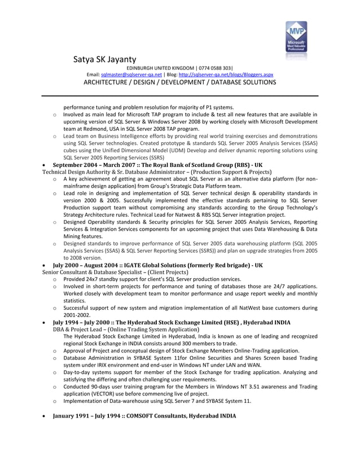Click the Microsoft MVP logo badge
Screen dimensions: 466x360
[296, 39]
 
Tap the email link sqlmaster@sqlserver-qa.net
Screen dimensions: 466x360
[131, 74]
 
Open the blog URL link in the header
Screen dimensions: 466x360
[226, 74]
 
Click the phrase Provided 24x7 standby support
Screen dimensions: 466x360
[107, 279]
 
